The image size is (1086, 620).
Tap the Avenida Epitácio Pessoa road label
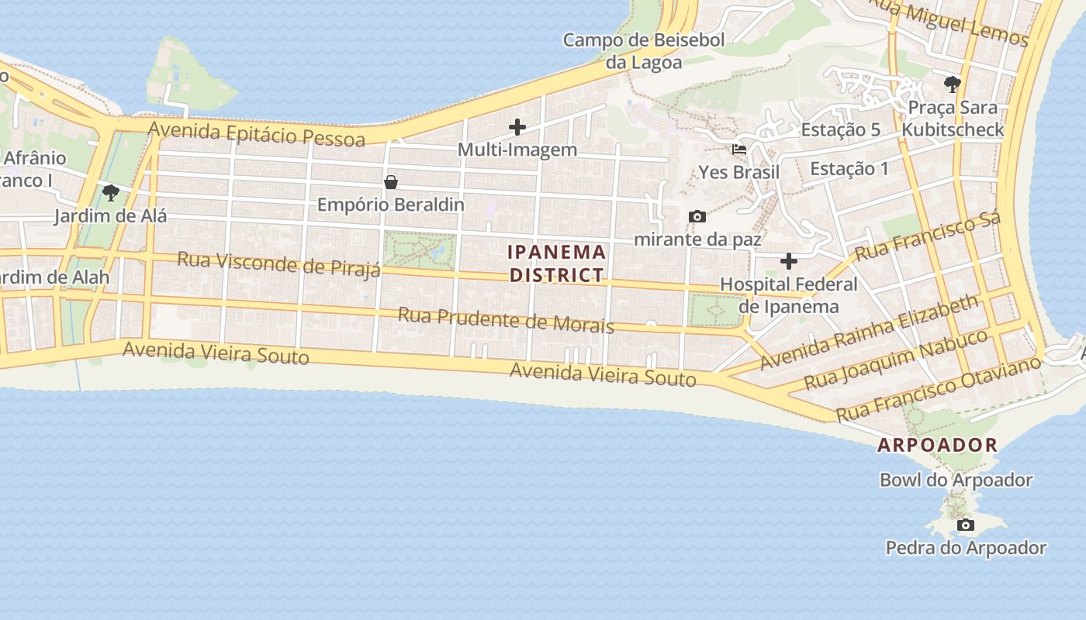click(256, 133)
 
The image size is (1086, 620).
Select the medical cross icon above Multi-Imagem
click(517, 127)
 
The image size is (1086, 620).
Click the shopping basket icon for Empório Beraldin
click(391, 182)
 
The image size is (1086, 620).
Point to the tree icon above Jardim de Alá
click(110, 192)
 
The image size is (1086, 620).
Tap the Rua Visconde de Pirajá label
click(279, 263)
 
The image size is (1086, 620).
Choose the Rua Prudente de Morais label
click(506, 319)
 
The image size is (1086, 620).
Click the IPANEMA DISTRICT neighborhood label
click(556, 263)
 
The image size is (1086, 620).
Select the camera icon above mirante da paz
click(697, 217)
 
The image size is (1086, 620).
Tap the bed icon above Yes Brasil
click(739, 150)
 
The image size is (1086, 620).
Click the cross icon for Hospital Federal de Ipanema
click(789, 261)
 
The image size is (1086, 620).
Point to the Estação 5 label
click(840, 129)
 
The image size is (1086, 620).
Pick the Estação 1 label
click(849, 168)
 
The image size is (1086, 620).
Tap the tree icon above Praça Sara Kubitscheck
click(953, 84)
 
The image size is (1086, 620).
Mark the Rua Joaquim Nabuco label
click(895, 360)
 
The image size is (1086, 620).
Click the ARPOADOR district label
click(937, 445)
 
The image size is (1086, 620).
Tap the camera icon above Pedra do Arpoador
click(966, 525)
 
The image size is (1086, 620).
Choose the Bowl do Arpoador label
click(956, 480)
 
